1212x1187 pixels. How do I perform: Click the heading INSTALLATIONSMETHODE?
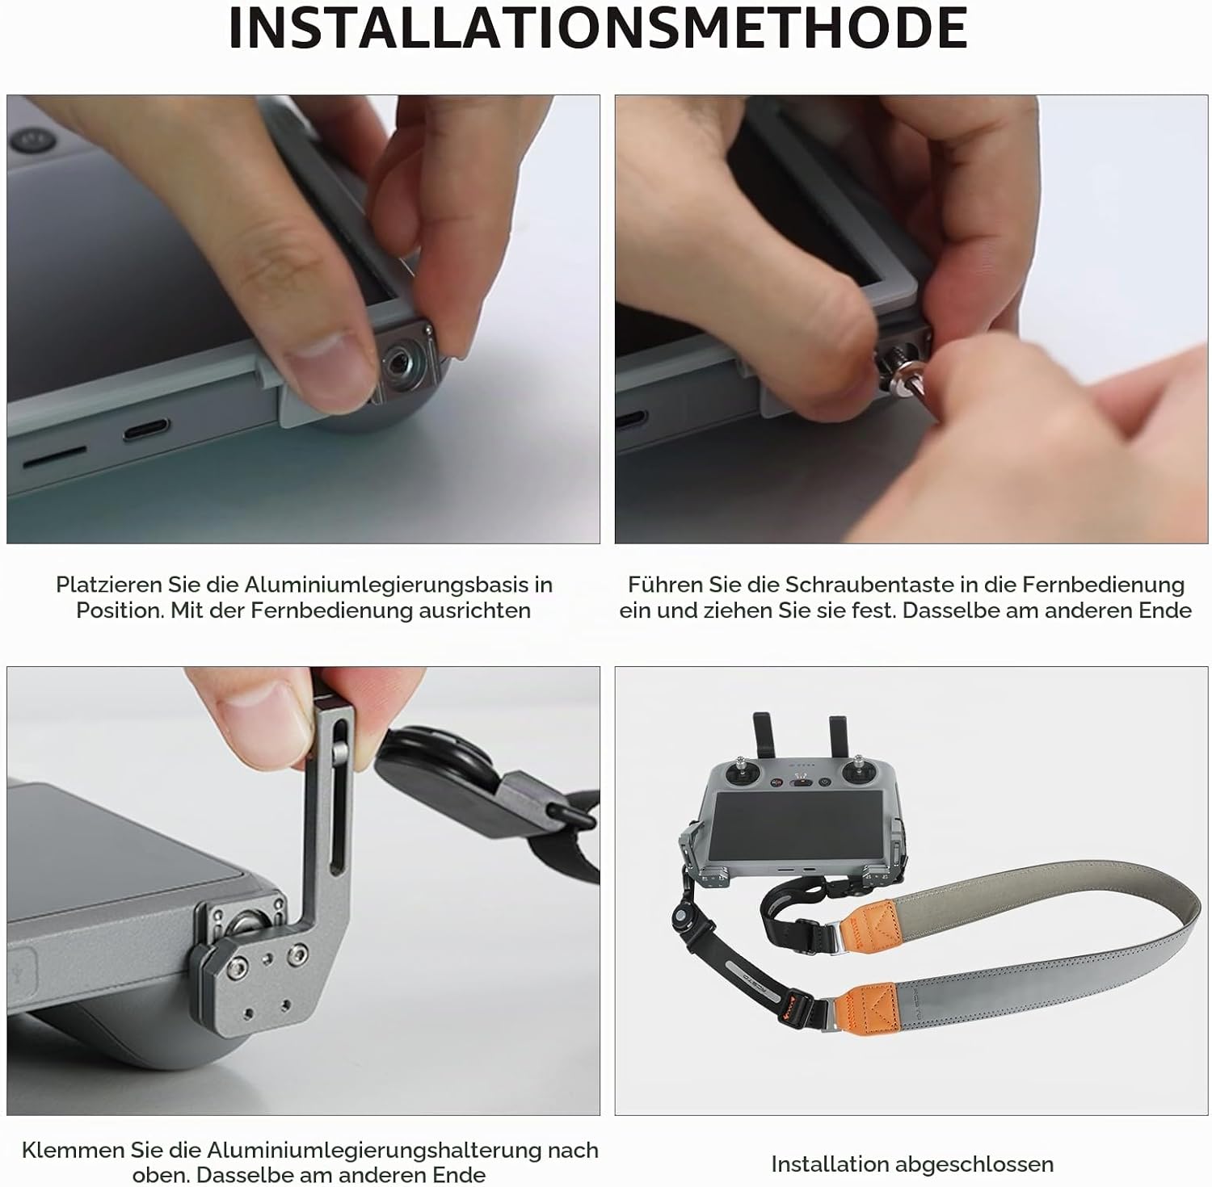[x=599, y=28]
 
